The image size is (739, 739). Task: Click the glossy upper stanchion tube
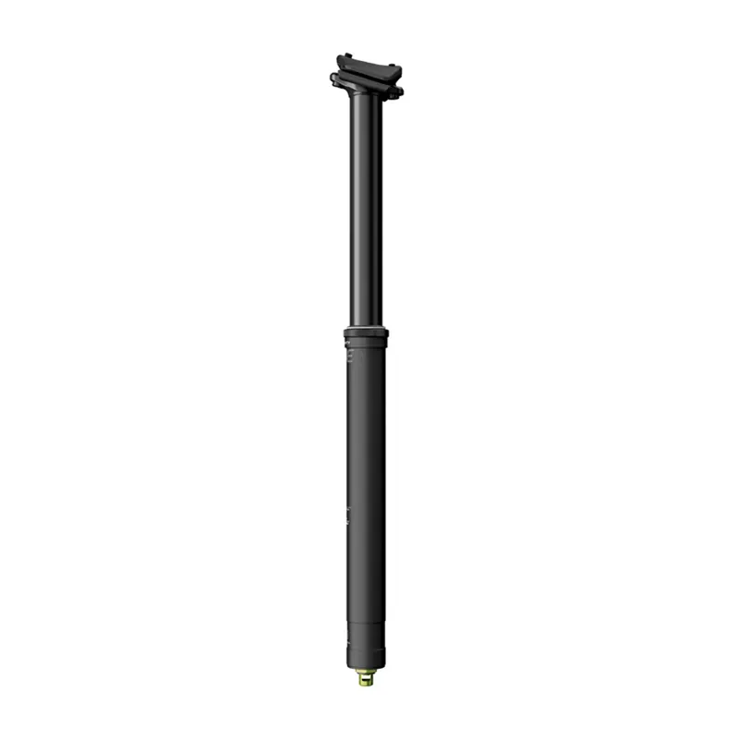[366, 212]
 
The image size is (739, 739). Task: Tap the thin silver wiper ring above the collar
[366, 326]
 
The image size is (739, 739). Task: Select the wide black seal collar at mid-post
[366, 333]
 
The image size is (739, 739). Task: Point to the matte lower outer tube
[366, 462]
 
